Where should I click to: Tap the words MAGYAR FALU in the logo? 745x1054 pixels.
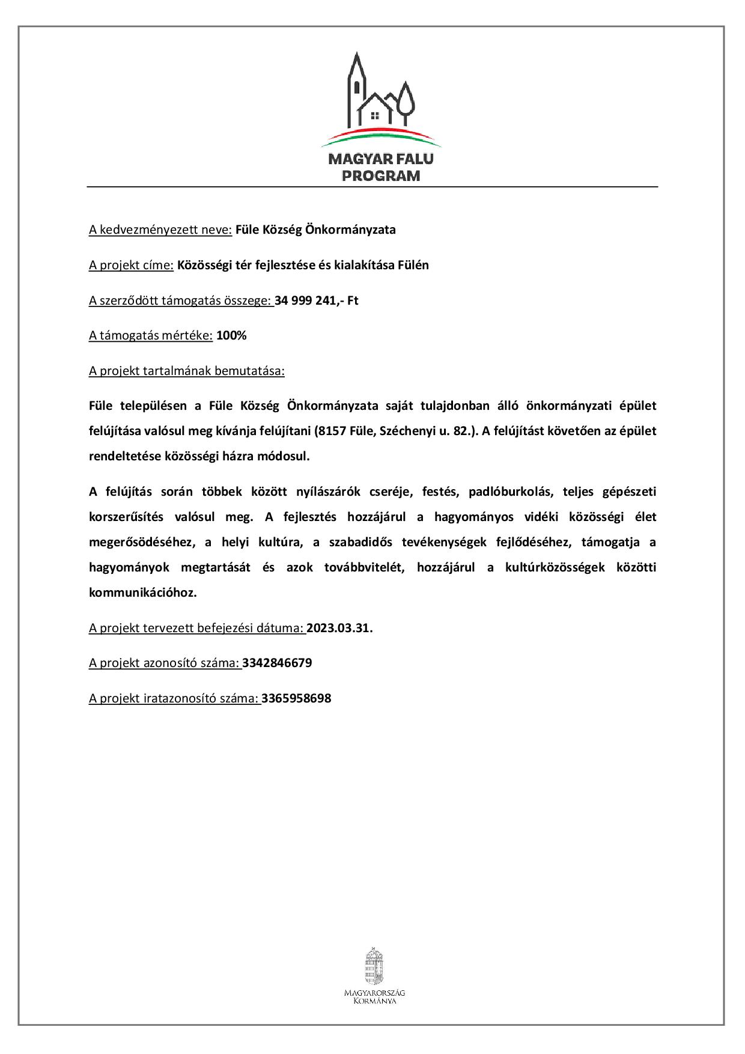pos(380,160)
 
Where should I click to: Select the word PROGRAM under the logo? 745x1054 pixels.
pos(380,176)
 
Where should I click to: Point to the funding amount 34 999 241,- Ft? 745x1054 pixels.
pos(317,300)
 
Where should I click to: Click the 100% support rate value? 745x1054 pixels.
pos(231,335)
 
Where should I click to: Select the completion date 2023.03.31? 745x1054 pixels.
pos(339,628)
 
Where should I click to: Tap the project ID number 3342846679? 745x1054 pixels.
pos(277,663)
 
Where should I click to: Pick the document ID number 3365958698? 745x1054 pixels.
pos(296,698)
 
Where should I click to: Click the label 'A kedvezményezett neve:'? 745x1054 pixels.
pos(160,230)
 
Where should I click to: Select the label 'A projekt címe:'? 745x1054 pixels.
pos(132,265)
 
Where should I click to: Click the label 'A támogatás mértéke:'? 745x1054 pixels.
pos(151,335)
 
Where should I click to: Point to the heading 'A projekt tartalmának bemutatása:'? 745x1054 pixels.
pos(187,371)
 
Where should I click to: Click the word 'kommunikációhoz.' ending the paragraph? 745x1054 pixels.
pos(143,592)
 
